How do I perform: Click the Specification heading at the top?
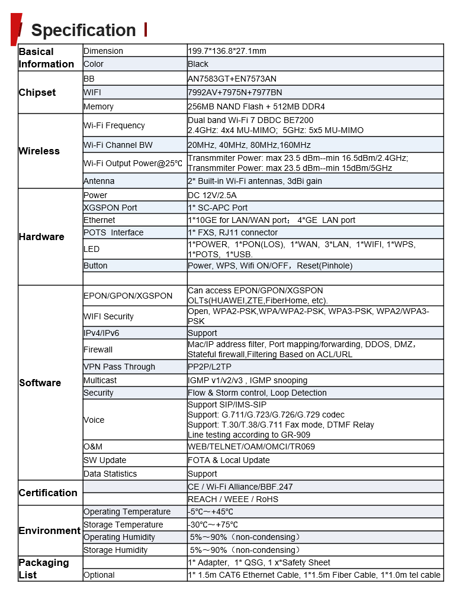click(83, 30)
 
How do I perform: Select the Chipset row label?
click(37, 92)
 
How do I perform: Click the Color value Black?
click(198, 64)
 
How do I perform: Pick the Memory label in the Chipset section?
click(98, 106)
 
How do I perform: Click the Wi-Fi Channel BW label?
click(118, 145)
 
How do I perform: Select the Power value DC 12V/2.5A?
click(213, 195)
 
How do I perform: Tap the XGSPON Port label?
click(110, 208)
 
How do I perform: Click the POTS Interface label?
click(113, 232)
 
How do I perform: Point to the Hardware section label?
click(41, 237)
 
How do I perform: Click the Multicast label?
click(100, 380)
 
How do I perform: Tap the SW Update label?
click(105, 460)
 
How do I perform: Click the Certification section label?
click(48, 493)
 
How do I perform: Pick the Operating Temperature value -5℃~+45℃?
click(211, 512)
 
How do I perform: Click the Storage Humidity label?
click(115, 550)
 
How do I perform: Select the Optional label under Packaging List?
click(99, 575)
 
